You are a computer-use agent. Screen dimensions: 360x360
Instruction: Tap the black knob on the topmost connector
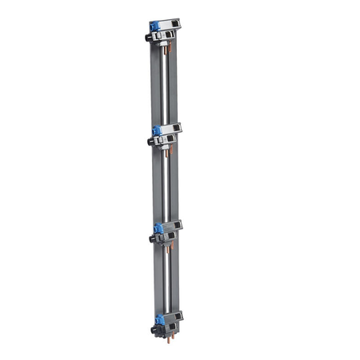(x=149, y=37)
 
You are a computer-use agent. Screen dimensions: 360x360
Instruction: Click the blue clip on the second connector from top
(x=157, y=129)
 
